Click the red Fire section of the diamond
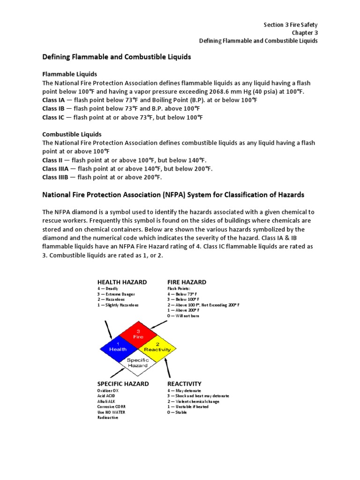click(x=138, y=334)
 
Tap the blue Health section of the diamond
click(x=118, y=348)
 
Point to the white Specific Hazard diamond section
click(x=138, y=363)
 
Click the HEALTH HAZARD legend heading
click(x=122, y=282)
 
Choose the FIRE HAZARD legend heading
click(x=187, y=282)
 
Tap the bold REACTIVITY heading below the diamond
click(x=184, y=383)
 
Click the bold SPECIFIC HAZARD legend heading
click(x=123, y=383)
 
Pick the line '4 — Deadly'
click(x=108, y=289)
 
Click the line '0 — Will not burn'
click(x=183, y=316)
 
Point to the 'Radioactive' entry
click(x=108, y=418)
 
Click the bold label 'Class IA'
click(x=51, y=100)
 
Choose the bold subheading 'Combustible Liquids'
click(x=72, y=135)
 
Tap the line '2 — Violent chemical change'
click(x=193, y=401)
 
